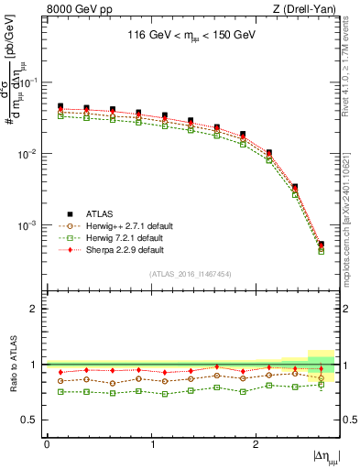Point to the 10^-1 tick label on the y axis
click(x=28, y=82)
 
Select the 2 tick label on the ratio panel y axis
click(x=35, y=309)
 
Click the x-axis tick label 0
click(x=47, y=443)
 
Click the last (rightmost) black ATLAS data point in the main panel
click(x=322, y=245)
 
